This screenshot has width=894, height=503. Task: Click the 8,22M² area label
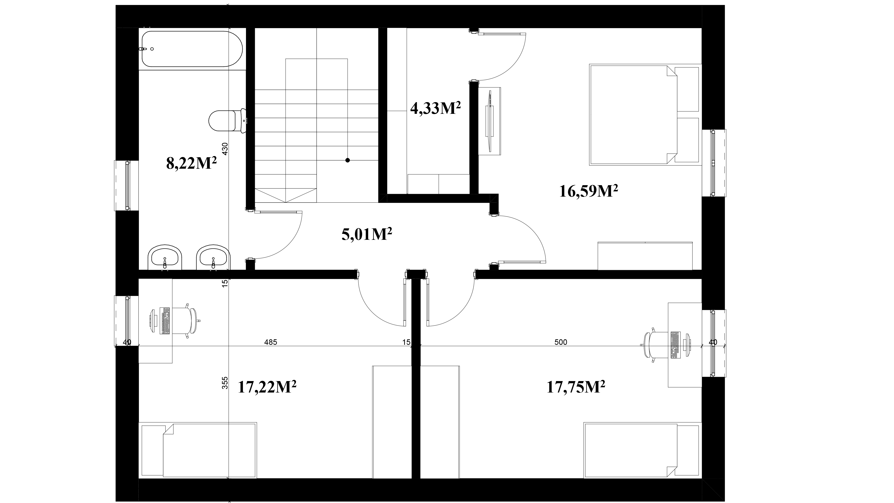point(192,163)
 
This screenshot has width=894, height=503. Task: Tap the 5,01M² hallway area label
point(367,234)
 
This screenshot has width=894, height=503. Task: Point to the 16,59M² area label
point(589,191)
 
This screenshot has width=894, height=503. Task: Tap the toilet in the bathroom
point(228,121)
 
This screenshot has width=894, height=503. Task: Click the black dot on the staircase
point(347,160)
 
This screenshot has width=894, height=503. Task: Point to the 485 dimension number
point(271,342)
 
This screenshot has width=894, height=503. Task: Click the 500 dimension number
point(561,342)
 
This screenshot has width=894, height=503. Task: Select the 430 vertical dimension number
point(225,149)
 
